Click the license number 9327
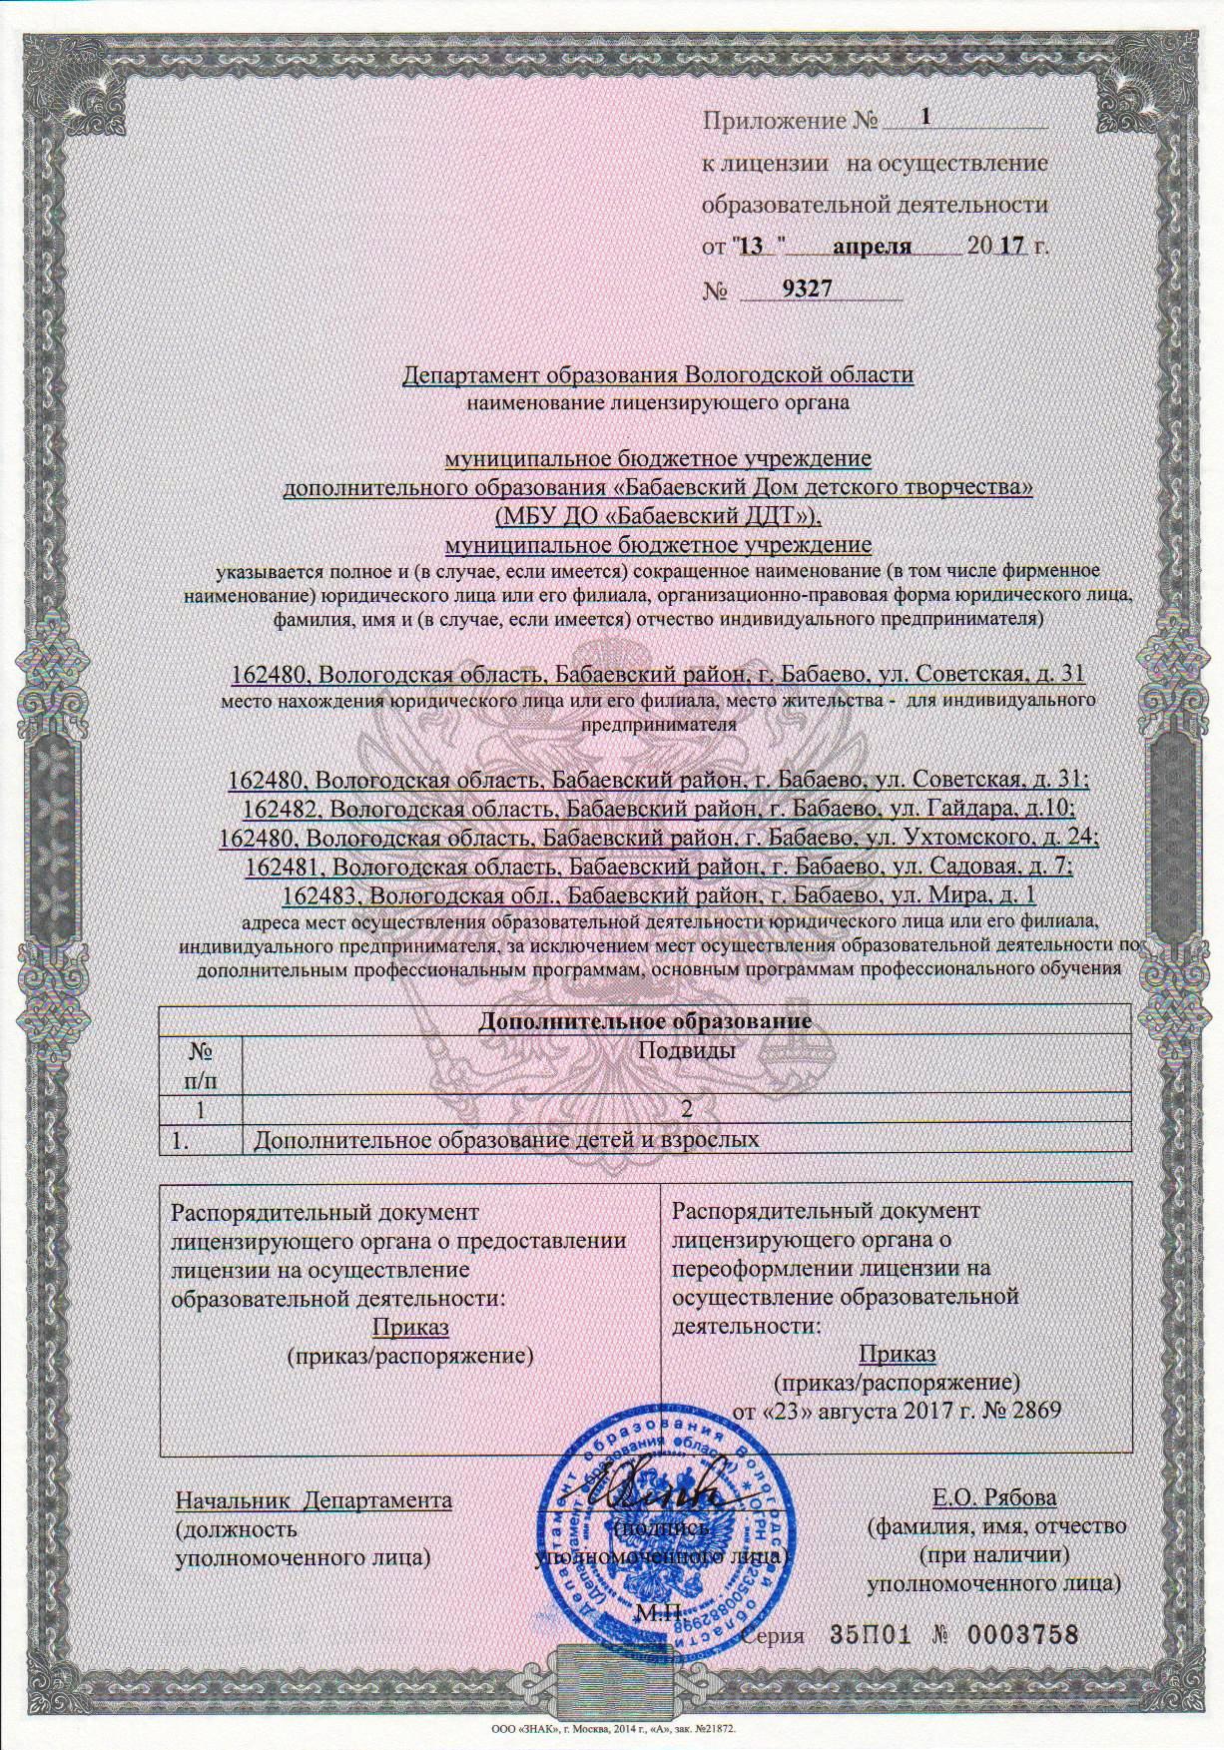point(808,289)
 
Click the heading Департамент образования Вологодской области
point(657,375)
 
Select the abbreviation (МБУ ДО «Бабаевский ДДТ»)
point(658,516)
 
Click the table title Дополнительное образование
point(644,1021)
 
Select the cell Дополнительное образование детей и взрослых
point(507,1139)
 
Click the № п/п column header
point(201,1064)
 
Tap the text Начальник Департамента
point(313,1500)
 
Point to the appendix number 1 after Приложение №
point(926,117)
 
